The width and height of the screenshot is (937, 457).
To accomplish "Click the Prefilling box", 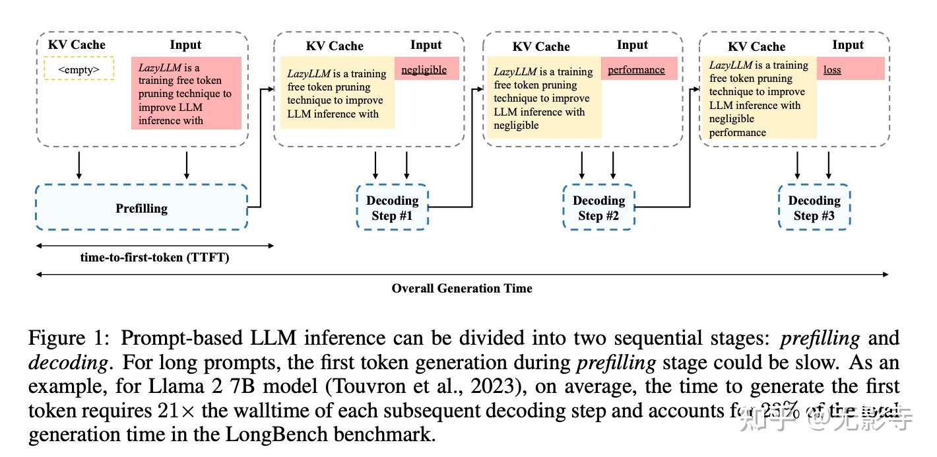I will [141, 207].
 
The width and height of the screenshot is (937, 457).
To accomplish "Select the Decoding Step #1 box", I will [392, 207].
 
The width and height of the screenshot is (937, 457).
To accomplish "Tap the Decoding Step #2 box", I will [598, 207].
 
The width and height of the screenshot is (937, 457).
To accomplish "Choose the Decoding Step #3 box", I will [814, 207].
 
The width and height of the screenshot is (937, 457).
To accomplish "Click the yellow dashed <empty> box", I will [79, 69].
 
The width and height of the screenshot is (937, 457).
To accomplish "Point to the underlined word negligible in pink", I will [424, 70].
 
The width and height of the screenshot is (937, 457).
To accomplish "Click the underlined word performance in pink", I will [636, 69].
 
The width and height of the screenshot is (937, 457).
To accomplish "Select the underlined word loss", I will [832, 69].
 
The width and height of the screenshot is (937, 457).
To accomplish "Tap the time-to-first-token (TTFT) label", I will [154, 258].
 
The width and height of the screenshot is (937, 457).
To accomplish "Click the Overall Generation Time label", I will [461, 288].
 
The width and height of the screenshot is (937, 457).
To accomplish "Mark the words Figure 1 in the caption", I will [69, 338].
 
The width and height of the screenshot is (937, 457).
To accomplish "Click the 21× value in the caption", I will [181, 411].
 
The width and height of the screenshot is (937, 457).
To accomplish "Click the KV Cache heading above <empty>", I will [77, 45].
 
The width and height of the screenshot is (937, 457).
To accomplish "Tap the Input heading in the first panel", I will [185, 45].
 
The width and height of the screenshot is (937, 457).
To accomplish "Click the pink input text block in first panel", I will [185, 93].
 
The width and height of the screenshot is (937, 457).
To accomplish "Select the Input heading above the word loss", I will [847, 45].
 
